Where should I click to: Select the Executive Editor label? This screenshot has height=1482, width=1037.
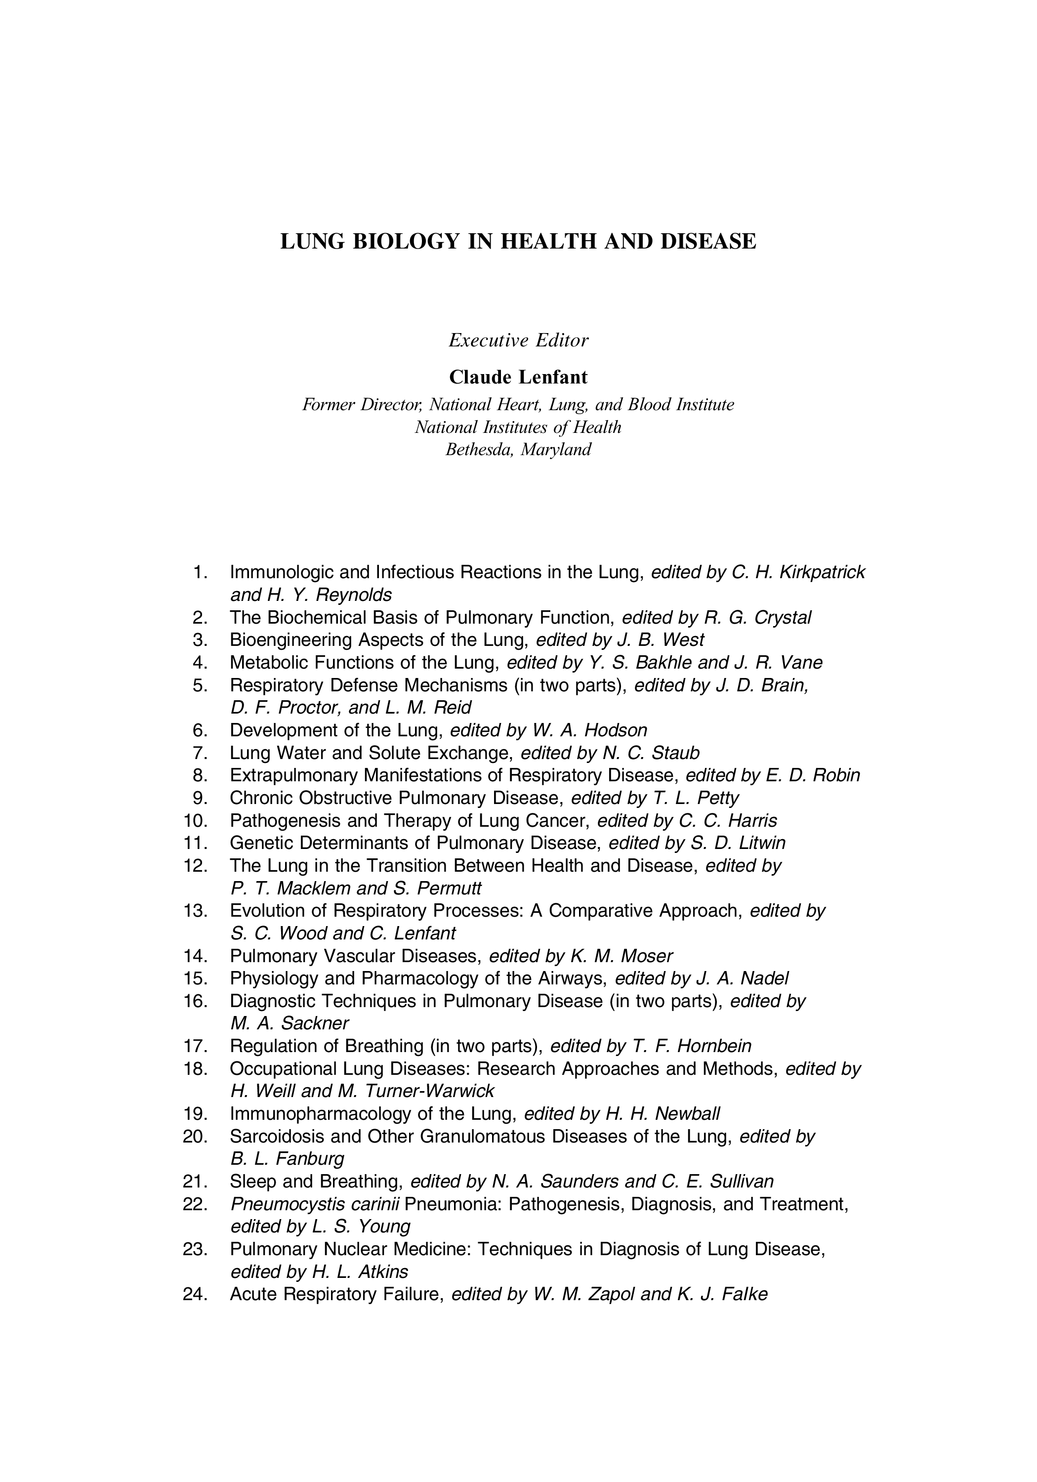pos(518,340)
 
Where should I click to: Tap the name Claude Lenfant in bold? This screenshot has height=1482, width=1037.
pos(518,377)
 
